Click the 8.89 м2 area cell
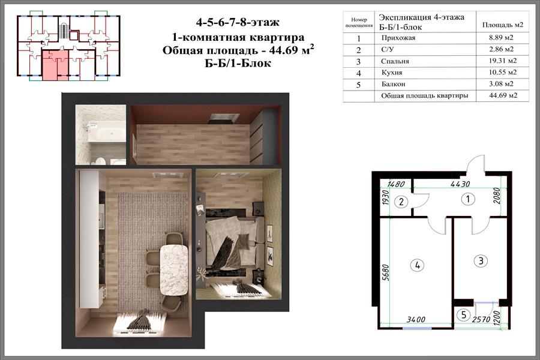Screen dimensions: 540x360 [x=501, y=38]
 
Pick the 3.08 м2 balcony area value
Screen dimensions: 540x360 [x=501, y=84]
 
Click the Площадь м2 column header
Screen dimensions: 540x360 [x=502, y=25]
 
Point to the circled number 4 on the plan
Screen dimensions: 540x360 [x=418, y=265]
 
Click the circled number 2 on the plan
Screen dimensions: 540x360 [x=401, y=202]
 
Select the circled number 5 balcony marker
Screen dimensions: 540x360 [x=464, y=314]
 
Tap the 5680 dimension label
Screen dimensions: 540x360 [x=386, y=272]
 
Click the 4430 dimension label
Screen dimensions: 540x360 [x=460, y=184]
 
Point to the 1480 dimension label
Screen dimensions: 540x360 [x=396, y=184]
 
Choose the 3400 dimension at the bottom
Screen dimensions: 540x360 [x=416, y=320]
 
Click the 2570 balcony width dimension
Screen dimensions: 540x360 [x=481, y=320]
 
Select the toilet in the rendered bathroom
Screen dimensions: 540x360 [x=100, y=161]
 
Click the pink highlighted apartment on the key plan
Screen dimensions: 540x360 [x=55, y=66]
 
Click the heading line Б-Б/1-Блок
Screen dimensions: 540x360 [x=238, y=64]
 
